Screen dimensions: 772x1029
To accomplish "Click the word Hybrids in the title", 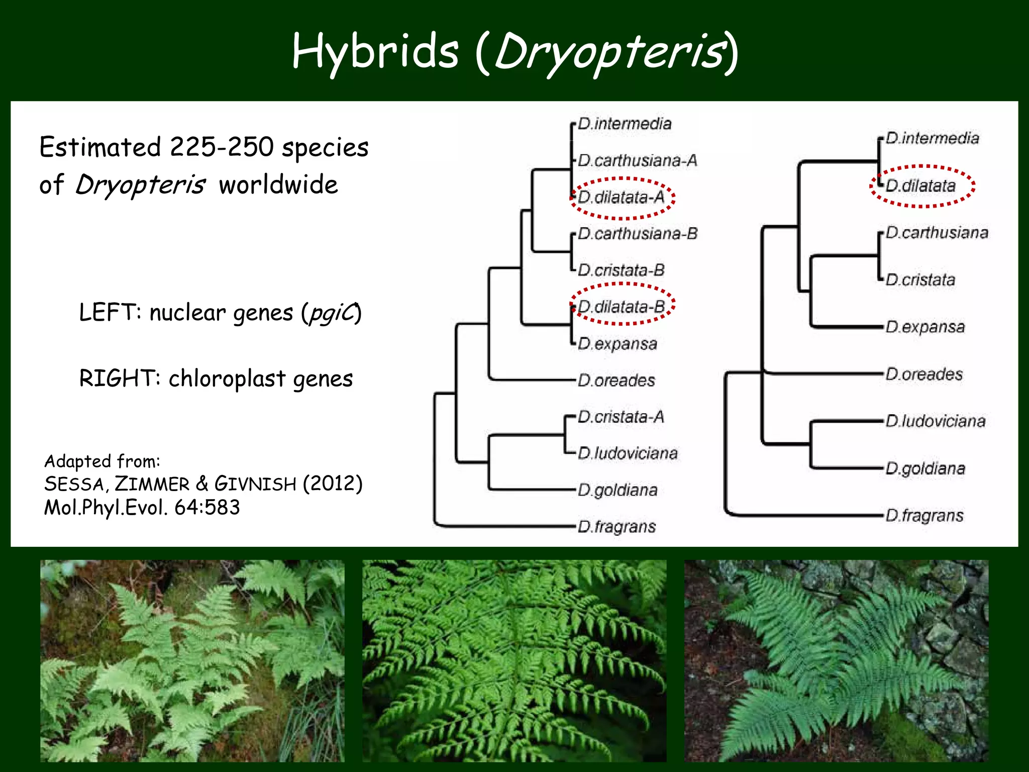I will pyautogui.click(x=375, y=52).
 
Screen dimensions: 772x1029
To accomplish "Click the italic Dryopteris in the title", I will pyautogui.click(x=609, y=52).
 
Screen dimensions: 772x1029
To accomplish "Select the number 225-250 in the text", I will pyautogui.click(x=221, y=147).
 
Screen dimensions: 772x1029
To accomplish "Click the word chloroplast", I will pyautogui.click(x=227, y=378).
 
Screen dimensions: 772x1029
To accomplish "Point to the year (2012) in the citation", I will pyautogui.click(x=332, y=484).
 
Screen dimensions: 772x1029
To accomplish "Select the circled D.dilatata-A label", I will pyautogui.click(x=621, y=198).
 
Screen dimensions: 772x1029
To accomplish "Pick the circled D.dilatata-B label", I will pyautogui.click(x=622, y=307).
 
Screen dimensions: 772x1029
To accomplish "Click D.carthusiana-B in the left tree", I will pyautogui.click(x=637, y=234).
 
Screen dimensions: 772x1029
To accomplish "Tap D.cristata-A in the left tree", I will pyautogui.click(x=621, y=417).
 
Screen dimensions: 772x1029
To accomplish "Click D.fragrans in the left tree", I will pyautogui.click(x=616, y=527).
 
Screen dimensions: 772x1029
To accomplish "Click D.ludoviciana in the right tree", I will pyautogui.click(x=935, y=421).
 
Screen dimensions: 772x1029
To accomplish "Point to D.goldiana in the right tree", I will pyautogui.click(x=925, y=468).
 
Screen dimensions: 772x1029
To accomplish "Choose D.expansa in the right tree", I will pyautogui.click(x=925, y=327).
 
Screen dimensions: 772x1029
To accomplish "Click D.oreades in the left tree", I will pyautogui.click(x=616, y=380).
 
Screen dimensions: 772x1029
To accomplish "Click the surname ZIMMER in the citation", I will pyautogui.click(x=152, y=484).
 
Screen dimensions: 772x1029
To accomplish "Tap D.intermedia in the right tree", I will pyautogui.click(x=932, y=138).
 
